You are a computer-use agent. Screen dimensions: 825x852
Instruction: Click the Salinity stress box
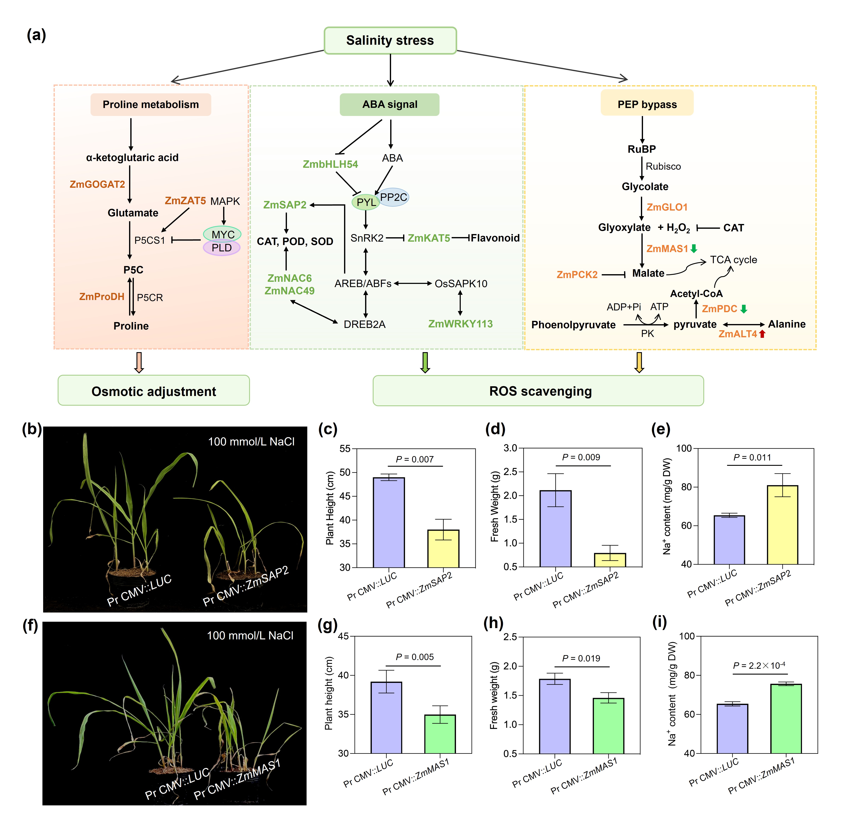click(390, 40)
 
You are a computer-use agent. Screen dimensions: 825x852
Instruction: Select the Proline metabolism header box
click(150, 104)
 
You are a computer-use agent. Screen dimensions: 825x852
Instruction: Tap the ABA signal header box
click(389, 104)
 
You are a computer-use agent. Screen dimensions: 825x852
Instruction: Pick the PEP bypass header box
click(647, 104)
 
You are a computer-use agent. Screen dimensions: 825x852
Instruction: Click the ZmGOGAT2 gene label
click(97, 184)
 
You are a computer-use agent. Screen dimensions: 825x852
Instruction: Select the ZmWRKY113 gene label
click(460, 324)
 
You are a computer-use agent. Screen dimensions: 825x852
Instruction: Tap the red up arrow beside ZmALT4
click(762, 334)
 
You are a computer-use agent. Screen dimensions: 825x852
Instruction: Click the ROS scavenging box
click(538, 391)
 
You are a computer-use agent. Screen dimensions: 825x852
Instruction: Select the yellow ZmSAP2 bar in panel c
click(443, 549)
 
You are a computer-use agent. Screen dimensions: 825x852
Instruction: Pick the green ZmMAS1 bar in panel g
click(440, 734)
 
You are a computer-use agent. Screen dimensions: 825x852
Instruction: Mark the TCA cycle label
click(733, 260)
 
